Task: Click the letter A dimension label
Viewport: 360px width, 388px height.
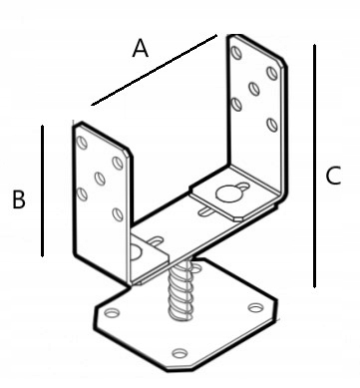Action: tap(140, 48)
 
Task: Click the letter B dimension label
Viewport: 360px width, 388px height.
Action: tap(19, 199)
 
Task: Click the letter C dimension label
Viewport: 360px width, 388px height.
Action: tap(333, 176)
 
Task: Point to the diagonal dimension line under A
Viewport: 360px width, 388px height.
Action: tap(155, 70)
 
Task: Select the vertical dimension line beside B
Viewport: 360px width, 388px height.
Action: tap(42, 191)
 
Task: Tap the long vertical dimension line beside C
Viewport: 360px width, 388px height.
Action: tap(314, 166)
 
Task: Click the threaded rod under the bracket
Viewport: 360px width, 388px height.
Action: tap(180, 289)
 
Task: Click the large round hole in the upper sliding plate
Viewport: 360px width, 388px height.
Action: tap(228, 194)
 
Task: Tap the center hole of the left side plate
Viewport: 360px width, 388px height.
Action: tap(100, 179)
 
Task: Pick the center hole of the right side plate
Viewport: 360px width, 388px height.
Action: tap(254, 89)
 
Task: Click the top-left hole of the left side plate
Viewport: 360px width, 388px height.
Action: tap(82, 143)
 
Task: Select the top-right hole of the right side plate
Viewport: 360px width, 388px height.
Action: tap(272, 73)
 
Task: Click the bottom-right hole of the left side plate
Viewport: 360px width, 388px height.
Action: tap(118, 214)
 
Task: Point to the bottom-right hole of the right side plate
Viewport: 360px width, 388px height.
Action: tap(272, 125)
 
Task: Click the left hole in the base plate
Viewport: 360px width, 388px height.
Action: tap(112, 313)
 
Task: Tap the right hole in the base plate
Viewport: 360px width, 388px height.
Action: tap(256, 308)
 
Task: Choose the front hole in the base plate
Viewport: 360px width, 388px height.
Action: tap(180, 353)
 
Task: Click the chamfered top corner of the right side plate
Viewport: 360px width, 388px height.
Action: tap(282, 62)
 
